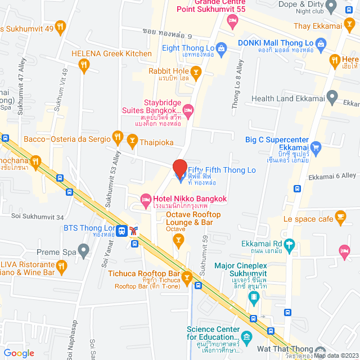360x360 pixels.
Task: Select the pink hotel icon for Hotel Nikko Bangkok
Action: point(145,199)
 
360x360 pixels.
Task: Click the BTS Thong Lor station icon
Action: point(133,229)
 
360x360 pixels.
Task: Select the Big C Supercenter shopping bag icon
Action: point(316,148)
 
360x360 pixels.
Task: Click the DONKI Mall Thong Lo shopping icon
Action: point(321,43)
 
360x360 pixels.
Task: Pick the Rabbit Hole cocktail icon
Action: point(196,71)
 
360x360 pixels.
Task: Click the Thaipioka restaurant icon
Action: point(133,143)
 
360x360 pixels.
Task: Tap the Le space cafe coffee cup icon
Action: point(340,216)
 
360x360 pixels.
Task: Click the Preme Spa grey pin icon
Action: point(84,249)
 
